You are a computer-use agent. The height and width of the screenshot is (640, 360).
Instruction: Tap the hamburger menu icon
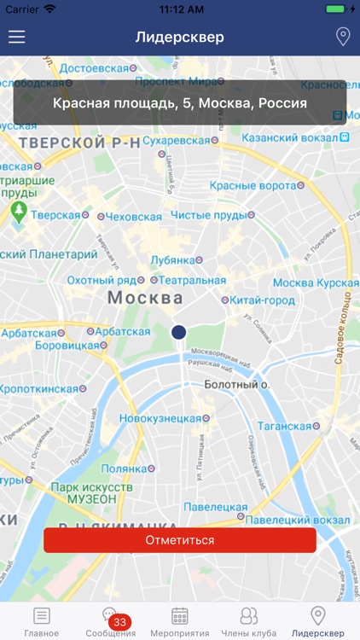click(17, 38)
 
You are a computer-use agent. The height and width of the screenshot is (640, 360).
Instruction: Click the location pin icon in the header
click(343, 37)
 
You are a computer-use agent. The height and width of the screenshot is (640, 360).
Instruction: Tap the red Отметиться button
click(180, 540)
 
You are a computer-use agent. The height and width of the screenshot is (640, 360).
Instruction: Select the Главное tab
click(42, 620)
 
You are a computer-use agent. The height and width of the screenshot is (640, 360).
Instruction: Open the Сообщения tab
click(110, 620)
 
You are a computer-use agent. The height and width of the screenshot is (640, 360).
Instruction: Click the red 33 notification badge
click(119, 622)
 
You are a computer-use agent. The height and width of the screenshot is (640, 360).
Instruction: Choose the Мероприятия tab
click(179, 620)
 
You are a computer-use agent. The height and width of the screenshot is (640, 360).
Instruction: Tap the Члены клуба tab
click(248, 620)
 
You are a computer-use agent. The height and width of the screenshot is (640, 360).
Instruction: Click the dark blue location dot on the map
click(178, 333)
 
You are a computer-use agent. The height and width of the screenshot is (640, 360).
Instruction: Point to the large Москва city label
click(145, 298)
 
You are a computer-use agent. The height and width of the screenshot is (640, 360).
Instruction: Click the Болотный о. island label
click(237, 385)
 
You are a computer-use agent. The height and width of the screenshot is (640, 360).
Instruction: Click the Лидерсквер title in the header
click(180, 38)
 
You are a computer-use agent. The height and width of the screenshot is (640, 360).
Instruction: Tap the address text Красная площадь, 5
click(180, 103)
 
